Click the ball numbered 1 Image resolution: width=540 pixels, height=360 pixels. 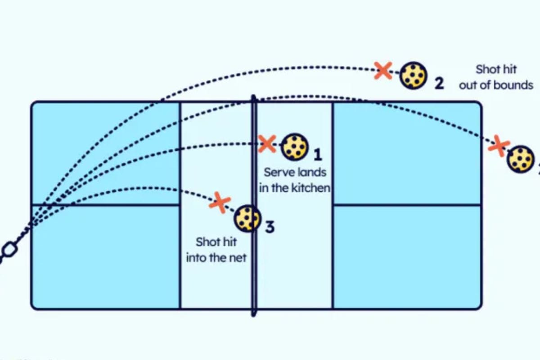click(x=295, y=147)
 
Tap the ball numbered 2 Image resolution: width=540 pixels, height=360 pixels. click(x=413, y=75)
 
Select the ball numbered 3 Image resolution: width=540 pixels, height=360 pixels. click(x=247, y=218)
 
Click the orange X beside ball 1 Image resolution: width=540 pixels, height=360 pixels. click(x=267, y=144)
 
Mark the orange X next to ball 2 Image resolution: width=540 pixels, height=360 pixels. click(x=383, y=71)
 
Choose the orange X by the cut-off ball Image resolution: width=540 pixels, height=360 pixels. click(x=499, y=146)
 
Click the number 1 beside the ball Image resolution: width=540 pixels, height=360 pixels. click(x=318, y=155)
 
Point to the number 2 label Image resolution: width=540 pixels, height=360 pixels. click(x=439, y=83)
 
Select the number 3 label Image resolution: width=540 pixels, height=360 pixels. click(x=269, y=227)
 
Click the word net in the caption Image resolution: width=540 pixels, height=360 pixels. click(x=238, y=258)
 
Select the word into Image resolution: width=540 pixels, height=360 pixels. click(x=198, y=258)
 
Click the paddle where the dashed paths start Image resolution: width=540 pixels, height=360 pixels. click(x=8, y=250)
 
